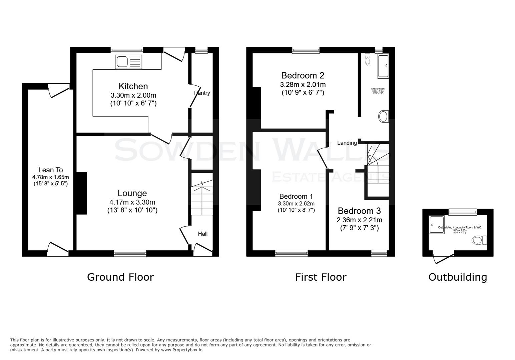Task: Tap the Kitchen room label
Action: pyautogui.click(x=133, y=86)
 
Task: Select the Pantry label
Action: pyautogui.click(x=202, y=93)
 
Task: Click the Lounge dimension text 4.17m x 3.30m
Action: pyautogui.click(x=132, y=202)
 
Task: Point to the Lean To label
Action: pyautogui.click(x=50, y=170)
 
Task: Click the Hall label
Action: pyautogui.click(x=202, y=234)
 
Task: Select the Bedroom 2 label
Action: pyautogui.click(x=303, y=75)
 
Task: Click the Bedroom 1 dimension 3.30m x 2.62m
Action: pyautogui.click(x=296, y=204)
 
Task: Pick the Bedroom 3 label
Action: pyautogui.click(x=359, y=211)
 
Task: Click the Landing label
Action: pyautogui.click(x=347, y=143)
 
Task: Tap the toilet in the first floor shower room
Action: pyautogui.click(x=368, y=60)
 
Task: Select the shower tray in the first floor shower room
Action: pyautogui.click(x=383, y=66)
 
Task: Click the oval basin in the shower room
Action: pyautogui.click(x=383, y=117)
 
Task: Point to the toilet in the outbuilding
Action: pyautogui.click(x=480, y=240)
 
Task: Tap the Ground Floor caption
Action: pyautogui.click(x=120, y=277)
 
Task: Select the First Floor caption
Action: pyautogui.click(x=321, y=277)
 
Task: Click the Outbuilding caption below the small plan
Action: pyautogui.click(x=457, y=277)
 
